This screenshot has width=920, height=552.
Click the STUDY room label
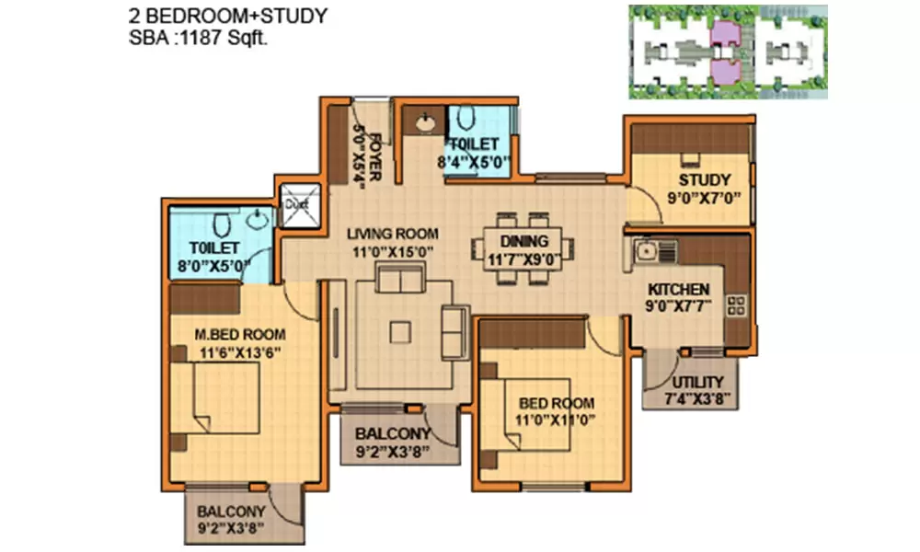click(705, 179)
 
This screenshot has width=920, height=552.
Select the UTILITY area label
click(696, 383)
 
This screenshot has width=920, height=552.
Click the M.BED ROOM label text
click(238, 334)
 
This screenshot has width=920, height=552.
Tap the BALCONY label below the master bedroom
click(232, 512)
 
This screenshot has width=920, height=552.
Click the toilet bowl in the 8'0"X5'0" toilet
click(221, 224)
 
